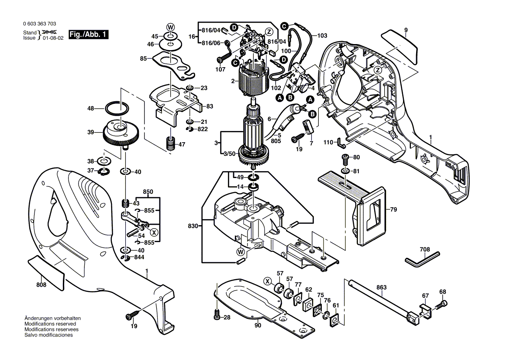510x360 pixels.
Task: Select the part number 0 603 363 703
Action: tap(39, 24)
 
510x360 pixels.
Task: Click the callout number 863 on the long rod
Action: tap(381, 288)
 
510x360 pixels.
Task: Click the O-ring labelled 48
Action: tap(117, 108)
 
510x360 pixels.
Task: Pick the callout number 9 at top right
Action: tap(406, 30)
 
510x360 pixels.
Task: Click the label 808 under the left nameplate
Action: tap(41, 285)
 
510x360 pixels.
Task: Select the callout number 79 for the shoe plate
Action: tap(393, 210)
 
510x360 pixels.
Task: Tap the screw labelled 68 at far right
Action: tap(444, 303)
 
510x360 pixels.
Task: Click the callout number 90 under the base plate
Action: tap(258, 326)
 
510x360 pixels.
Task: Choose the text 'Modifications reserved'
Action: tap(50, 324)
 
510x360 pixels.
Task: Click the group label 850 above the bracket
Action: tap(148, 192)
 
